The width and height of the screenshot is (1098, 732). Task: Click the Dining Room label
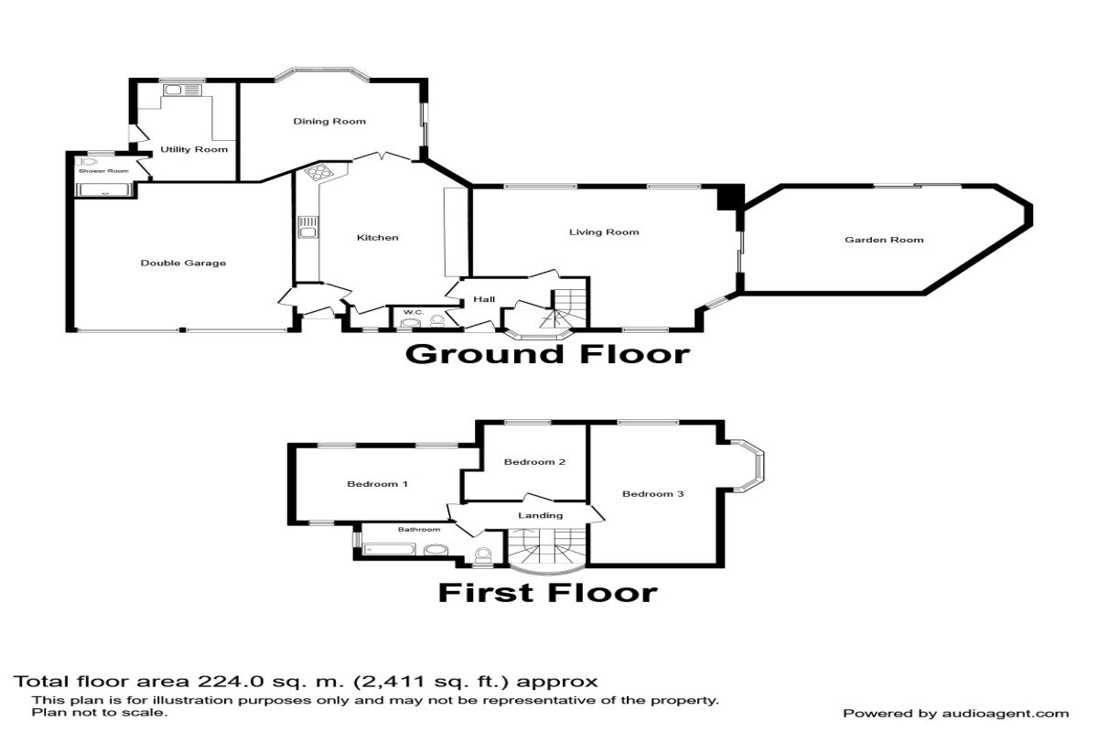pyautogui.click(x=329, y=121)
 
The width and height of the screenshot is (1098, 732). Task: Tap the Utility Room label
pyautogui.click(x=194, y=149)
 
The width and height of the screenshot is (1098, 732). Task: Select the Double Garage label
pyautogui.click(x=183, y=263)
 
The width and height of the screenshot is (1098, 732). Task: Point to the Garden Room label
pyautogui.click(x=884, y=240)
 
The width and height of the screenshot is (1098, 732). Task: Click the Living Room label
pyautogui.click(x=604, y=232)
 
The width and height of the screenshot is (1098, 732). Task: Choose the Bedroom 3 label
pyautogui.click(x=652, y=494)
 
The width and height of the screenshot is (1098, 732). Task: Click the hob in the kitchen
pyautogui.click(x=318, y=172)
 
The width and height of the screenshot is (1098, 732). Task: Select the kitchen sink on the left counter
pyautogui.click(x=308, y=228)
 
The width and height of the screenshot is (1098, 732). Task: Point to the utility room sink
pyautogui.click(x=182, y=91)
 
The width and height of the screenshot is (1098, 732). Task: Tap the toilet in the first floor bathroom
pyautogui.click(x=483, y=555)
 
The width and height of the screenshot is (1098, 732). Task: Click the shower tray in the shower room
pyautogui.click(x=104, y=189)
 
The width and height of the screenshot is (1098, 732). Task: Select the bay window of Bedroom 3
pyautogui.click(x=748, y=466)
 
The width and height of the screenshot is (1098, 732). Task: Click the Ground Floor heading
pyautogui.click(x=547, y=354)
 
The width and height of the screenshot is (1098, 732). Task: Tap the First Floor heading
pyautogui.click(x=547, y=592)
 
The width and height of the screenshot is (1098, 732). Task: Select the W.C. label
pyautogui.click(x=414, y=312)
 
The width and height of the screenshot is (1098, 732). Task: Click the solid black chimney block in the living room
pyautogui.click(x=731, y=198)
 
